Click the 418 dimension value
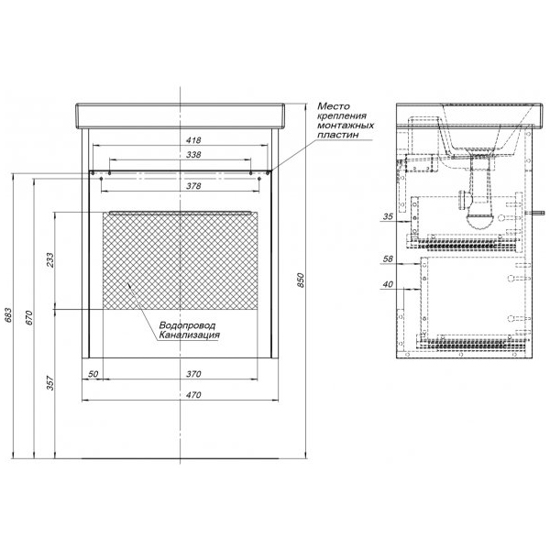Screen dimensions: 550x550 193,140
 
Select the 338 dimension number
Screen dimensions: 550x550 193,154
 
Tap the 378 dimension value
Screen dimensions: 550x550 193,186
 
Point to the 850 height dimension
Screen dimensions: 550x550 301,280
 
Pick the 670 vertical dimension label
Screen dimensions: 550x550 28,318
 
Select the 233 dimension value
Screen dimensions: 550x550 50,260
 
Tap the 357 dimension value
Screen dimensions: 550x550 50,383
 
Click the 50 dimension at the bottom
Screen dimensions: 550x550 93,374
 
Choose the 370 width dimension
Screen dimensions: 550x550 193,374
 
